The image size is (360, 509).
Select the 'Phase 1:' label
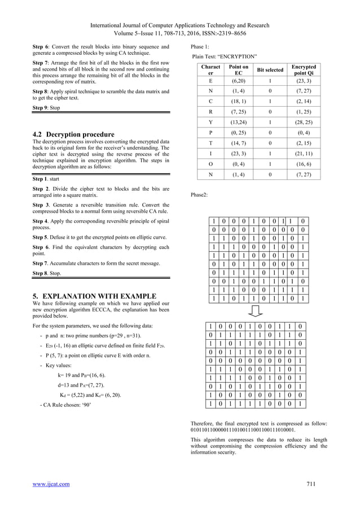coord(201,46)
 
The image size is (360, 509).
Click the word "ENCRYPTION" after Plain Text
coord(239,56)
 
